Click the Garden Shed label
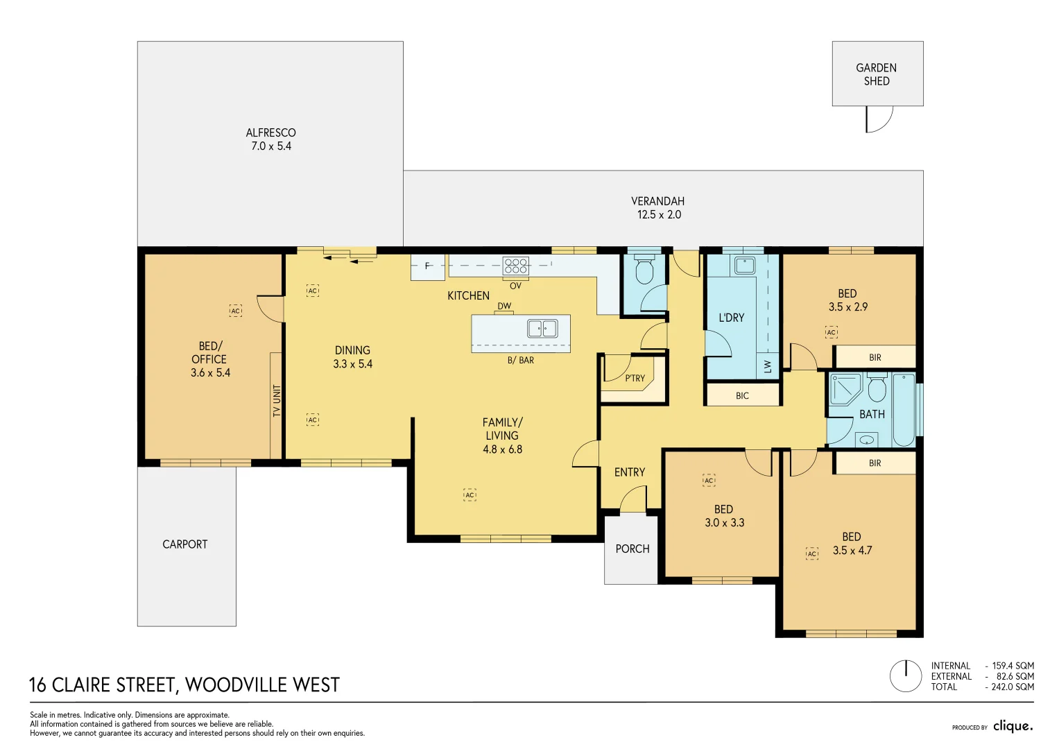click(x=876, y=74)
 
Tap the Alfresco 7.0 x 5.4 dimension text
click(x=271, y=146)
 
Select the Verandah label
click(x=657, y=201)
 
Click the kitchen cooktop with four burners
click(x=516, y=266)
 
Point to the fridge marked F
click(x=427, y=266)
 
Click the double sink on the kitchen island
click(x=542, y=328)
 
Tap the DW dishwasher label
click(x=504, y=306)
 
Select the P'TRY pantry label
click(x=635, y=378)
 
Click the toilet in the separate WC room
click(x=644, y=270)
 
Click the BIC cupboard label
click(x=742, y=396)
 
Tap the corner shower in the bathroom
click(x=845, y=390)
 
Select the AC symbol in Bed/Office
click(x=236, y=311)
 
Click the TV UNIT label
click(x=277, y=401)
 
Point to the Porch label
click(x=632, y=549)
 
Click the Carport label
click(x=185, y=544)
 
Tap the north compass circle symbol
click(x=905, y=675)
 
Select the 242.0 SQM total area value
click(x=1012, y=687)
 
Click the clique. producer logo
click(x=1013, y=726)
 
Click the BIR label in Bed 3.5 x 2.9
click(x=875, y=358)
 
